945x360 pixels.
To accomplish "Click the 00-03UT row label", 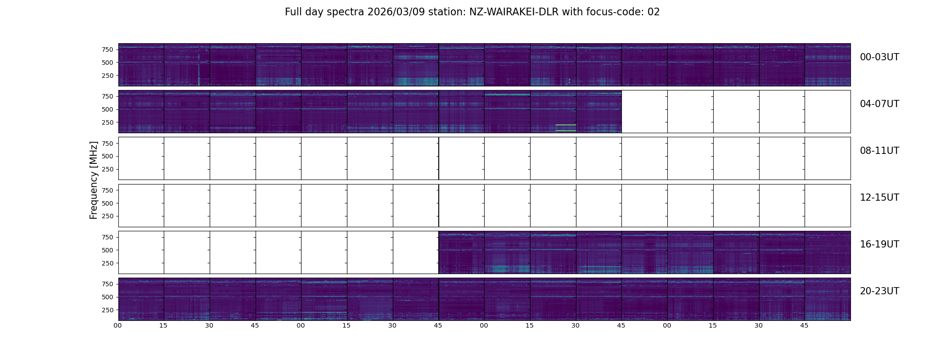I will [879, 57].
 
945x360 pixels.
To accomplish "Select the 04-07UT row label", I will [879, 104].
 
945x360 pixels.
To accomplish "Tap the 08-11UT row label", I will [879, 151].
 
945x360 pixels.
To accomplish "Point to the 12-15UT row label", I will [879, 198].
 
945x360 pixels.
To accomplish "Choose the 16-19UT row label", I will [879, 244].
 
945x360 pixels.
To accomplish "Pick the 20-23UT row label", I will [879, 291].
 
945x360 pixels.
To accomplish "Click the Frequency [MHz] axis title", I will [94, 180].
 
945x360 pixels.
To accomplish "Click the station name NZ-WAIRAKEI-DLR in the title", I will [513, 12].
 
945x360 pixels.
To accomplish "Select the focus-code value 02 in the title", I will [653, 12].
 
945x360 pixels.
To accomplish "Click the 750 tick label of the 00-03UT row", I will [107, 49].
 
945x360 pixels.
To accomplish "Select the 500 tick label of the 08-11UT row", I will [107, 156].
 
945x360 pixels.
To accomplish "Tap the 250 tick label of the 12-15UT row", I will [107, 216].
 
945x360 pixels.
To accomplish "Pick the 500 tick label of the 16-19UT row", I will [107, 250].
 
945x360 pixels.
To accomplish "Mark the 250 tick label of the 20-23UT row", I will [107, 310].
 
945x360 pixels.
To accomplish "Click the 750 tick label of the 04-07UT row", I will [107, 96].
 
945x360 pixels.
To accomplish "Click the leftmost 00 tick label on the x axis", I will [117, 325].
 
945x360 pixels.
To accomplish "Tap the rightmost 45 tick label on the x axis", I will [804, 325].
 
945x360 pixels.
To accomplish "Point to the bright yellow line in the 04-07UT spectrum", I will [566, 130].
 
